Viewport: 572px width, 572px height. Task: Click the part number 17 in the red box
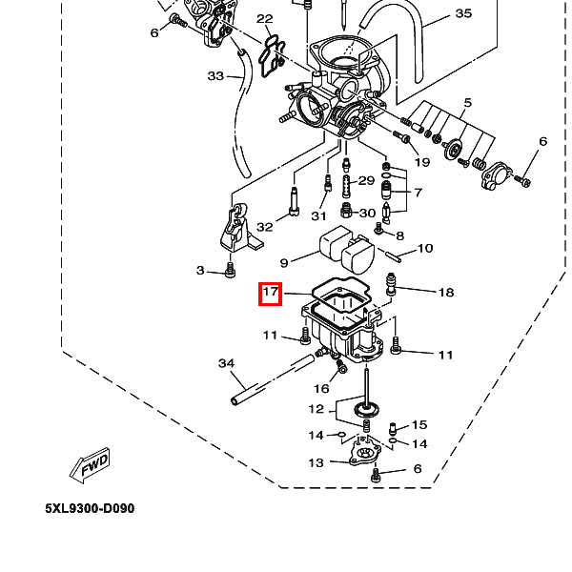click(271, 293)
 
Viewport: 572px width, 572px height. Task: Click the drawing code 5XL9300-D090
click(90, 508)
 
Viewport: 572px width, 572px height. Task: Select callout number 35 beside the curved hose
click(463, 13)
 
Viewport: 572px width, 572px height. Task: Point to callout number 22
click(265, 19)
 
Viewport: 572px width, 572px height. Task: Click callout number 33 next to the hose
click(215, 76)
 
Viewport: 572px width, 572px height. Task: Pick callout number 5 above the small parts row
click(468, 103)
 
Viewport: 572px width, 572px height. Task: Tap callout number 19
click(421, 162)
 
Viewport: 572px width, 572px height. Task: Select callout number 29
click(366, 181)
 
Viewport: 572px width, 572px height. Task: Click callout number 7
click(418, 194)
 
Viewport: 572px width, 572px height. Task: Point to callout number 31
click(319, 215)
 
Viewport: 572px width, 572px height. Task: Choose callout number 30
click(367, 213)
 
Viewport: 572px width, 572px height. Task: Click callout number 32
click(265, 227)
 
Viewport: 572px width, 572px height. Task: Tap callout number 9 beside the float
click(284, 263)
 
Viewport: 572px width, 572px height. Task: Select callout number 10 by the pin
click(424, 249)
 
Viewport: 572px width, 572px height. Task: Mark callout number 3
click(200, 271)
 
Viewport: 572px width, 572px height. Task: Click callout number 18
click(445, 293)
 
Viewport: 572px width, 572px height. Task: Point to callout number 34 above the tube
click(226, 363)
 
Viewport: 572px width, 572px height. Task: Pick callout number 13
click(316, 463)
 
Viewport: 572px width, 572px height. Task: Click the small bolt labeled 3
click(230, 273)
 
